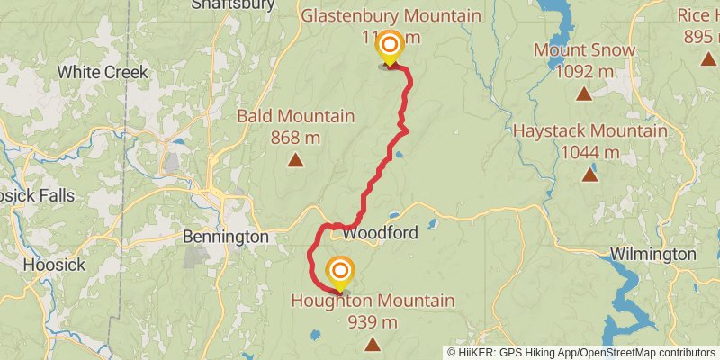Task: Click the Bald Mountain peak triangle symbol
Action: coord(295,161)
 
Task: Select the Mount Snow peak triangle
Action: coord(584,93)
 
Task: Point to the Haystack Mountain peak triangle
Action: coord(589,175)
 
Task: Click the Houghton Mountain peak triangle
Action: coord(373,344)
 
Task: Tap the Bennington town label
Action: coord(225,237)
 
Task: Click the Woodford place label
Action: coord(380,233)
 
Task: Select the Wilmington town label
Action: coord(652,255)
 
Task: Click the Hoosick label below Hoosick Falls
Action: coord(54,265)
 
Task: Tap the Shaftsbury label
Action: coord(232,5)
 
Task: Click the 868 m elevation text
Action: coord(295,138)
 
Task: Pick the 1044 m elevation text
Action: coord(590,152)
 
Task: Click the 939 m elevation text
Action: coord(373,321)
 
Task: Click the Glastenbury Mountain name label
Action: coord(391,16)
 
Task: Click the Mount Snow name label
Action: coord(584,49)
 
